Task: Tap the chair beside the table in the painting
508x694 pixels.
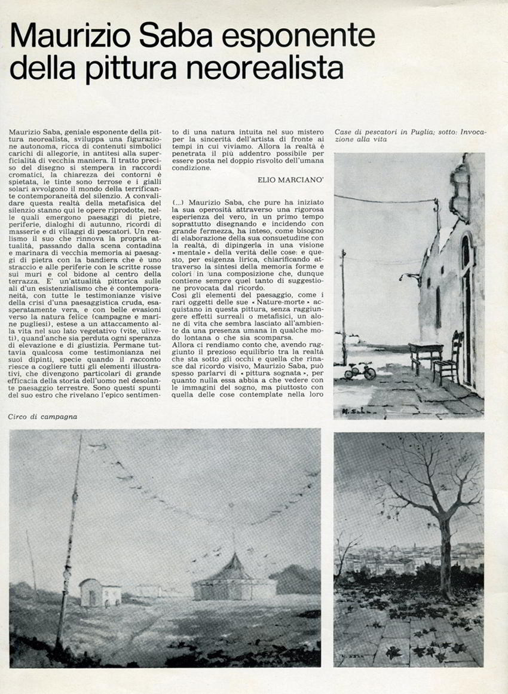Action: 448,359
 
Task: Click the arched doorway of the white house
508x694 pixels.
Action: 466,299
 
